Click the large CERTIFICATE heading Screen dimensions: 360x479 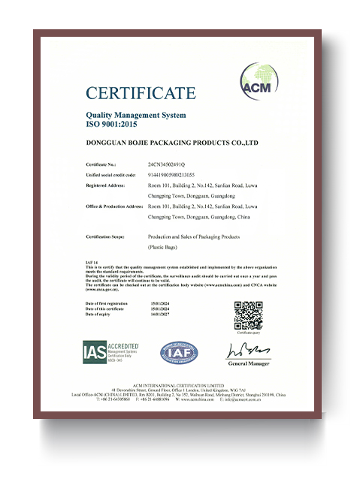pyautogui.click(x=141, y=93)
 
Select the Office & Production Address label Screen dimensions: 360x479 pyautogui.click(x=115, y=205)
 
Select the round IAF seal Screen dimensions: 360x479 pyautogui.click(x=179, y=351)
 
